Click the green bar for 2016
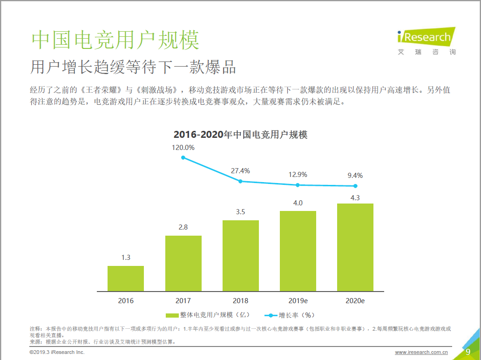click(126, 278)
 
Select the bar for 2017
click(183, 263)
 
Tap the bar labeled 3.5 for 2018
click(240, 256)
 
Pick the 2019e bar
click(298, 251)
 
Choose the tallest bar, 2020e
click(355, 247)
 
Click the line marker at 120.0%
click(183, 157)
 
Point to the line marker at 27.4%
click(240, 181)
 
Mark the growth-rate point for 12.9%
click(298, 185)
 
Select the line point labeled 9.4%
click(355, 186)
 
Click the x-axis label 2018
click(240, 301)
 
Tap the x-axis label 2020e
click(355, 301)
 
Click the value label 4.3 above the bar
click(355, 197)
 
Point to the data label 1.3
click(126, 258)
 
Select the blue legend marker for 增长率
click(271, 315)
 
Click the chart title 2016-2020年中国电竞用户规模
click(240, 135)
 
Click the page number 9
click(468, 352)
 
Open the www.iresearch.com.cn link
click(421, 353)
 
